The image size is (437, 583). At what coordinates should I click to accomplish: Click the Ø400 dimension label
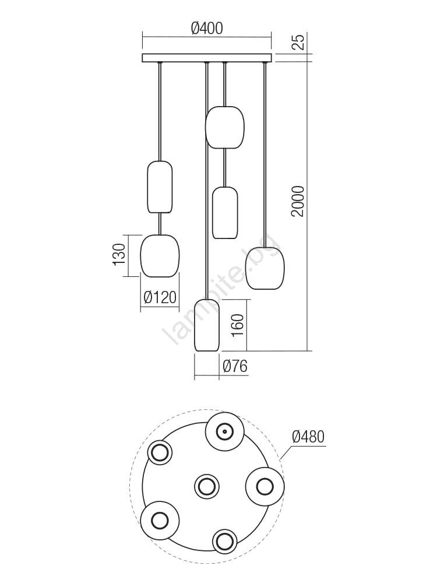[207, 28]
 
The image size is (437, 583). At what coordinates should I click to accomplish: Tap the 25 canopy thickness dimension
[298, 41]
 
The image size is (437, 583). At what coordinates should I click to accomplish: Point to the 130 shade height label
[119, 255]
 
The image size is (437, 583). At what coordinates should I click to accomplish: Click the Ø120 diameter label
[160, 297]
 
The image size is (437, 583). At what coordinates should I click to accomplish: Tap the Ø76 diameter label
[235, 366]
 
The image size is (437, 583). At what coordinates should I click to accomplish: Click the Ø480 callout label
[308, 437]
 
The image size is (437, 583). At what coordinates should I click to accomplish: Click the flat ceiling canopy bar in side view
[207, 58]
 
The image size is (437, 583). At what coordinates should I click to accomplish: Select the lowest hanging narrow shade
[207, 325]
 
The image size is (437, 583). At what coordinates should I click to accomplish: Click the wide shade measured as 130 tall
[160, 256]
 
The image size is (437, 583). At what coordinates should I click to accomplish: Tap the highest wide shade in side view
[225, 127]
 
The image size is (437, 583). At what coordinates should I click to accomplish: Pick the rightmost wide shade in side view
[265, 268]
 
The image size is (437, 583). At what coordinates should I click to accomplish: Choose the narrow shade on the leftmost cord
[160, 187]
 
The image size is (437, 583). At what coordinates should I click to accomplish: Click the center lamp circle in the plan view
[207, 486]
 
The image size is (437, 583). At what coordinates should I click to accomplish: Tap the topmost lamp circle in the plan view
[225, 432]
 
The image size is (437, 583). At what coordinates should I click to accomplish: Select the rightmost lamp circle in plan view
[265, 486]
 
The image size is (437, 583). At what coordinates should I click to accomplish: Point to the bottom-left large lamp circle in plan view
[160, 520]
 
